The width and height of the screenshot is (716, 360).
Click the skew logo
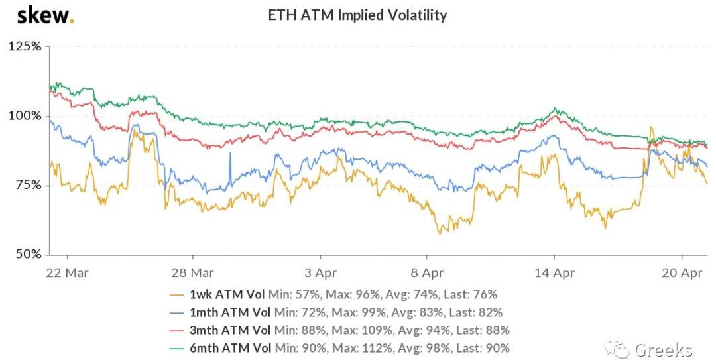[45, 15]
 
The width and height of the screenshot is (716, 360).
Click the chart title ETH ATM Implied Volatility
[357, 15]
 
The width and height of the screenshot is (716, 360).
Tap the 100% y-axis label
[25, 116]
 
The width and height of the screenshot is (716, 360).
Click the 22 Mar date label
[68, 272]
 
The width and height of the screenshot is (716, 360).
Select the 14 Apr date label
[554, 272]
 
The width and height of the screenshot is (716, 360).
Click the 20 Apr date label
[682, 272]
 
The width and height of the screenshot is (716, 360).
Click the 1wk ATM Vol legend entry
[333, 294]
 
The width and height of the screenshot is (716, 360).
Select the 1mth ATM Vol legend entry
[335, 312]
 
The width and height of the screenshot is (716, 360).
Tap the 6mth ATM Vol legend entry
[339, 348]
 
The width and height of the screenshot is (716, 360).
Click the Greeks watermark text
[664, 349]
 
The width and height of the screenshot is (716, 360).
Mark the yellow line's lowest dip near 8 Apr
[439, 233]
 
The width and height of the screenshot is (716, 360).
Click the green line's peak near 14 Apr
[556, 109]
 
